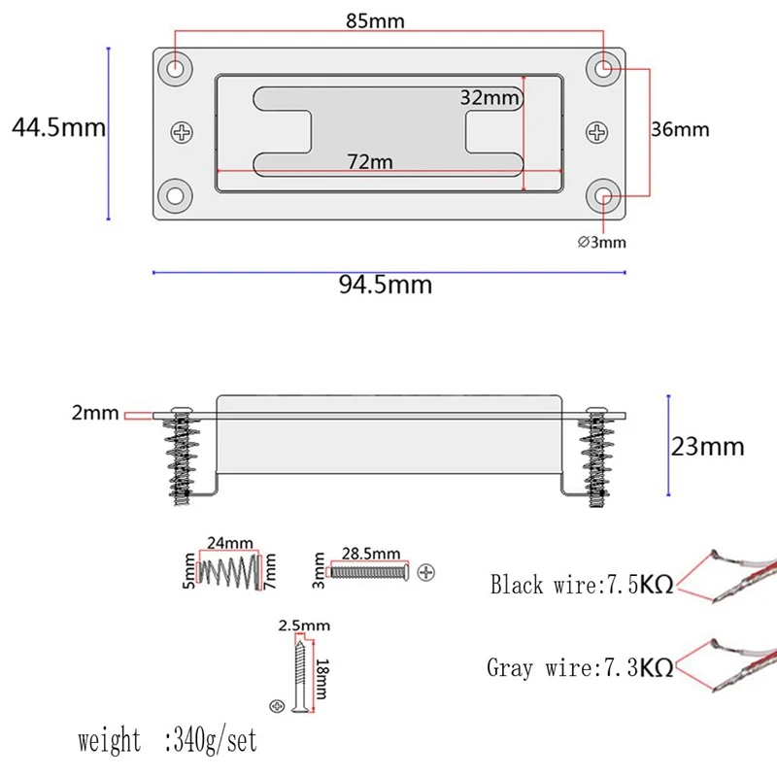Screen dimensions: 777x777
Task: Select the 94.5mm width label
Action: pyautogui.click(x=385, y=285)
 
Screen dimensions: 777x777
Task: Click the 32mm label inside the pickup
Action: pyautogui.click(x=490, y=98)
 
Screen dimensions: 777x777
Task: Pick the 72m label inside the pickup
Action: pyautogui.click(x=370, y=162)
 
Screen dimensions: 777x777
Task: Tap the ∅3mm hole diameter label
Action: pyautogui.click(x=602, y=242)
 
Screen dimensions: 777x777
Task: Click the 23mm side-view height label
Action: pyautogui.click(x=707, y=446)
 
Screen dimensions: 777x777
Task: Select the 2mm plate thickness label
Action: pyautogui.click(x=95, y=414)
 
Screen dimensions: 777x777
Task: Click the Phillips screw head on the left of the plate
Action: pyautogui.click(x=183, y=132)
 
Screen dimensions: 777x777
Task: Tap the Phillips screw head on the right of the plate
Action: pyautogui.click(x=598, y=132)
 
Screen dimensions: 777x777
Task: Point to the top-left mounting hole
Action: pyautogui.click(x=176, y=69)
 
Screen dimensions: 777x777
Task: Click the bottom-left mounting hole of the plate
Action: pyautogui.click(x=176, y=194)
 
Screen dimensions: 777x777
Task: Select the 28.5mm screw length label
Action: pyautogui.click(x=371, y=553)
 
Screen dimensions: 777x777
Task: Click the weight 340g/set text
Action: pyautogui.click(x=167, y=741)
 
